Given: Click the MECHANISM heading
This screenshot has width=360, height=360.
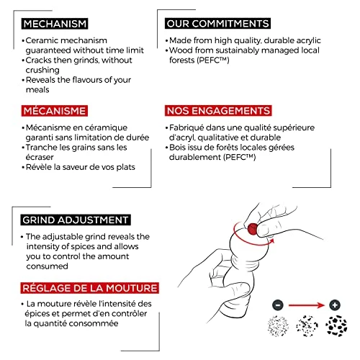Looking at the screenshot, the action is [x=55, y=24].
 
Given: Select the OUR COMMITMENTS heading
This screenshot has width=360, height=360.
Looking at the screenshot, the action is [x=217, y=24].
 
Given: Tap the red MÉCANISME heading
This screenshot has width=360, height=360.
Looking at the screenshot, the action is [x=55, y=111].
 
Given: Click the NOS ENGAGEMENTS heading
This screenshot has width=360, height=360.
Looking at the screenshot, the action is [x=218, y=111].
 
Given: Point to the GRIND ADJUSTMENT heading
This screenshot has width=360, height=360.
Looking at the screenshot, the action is [x=76, y=220].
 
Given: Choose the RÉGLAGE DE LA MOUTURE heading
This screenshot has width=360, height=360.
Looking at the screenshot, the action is [x=90, y=288].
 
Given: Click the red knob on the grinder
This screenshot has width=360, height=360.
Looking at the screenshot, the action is [x=253, y=229].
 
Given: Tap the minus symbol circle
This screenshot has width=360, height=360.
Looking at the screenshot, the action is [x=278, y=305].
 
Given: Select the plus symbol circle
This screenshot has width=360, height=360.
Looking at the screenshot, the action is [x=335, y=305].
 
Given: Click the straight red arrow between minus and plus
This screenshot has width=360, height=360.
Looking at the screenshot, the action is [x=307, y=305].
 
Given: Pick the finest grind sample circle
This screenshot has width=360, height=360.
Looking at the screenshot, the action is [x=278, y=326].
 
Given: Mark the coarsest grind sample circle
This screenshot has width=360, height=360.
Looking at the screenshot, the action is [x=336, y=326].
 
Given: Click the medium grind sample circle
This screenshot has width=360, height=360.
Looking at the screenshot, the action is [x=307, y=326].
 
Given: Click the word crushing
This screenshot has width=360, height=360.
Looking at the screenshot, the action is [x=42, y=70].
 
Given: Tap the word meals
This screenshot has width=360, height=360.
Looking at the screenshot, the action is [x=37, y=90].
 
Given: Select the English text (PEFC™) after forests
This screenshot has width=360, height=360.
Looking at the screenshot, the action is [x=213, y=60].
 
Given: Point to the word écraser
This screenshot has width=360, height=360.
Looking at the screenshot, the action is [x=40, y=157].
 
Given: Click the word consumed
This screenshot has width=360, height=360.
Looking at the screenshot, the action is [x=48, y=266].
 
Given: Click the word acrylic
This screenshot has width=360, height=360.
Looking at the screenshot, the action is [x=309, y=40].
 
